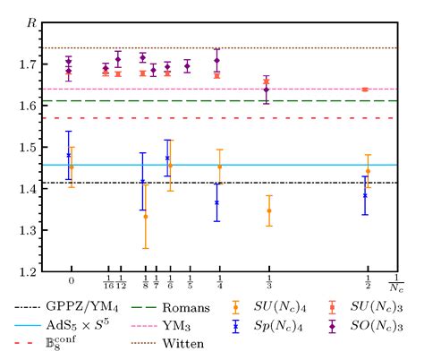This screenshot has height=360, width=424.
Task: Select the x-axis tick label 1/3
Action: [x=269, y=284]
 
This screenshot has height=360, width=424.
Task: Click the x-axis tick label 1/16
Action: [x=107, y=284]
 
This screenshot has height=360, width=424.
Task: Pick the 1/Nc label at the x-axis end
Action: [x=395, y=285]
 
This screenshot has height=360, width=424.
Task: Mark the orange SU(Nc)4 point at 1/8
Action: [x=146, y=217]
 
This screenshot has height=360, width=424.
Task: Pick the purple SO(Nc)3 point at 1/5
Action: [x=187, y=65]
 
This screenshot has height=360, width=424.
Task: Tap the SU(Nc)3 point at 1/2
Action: [x=365, y=90]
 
